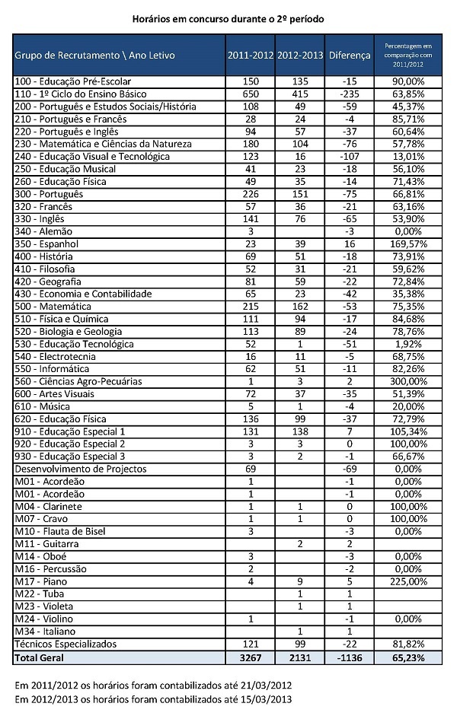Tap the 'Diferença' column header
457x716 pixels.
tap(350, 56)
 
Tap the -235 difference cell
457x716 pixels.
tap(350, 94)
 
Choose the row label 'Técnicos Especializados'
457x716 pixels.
tap(67, 644)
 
